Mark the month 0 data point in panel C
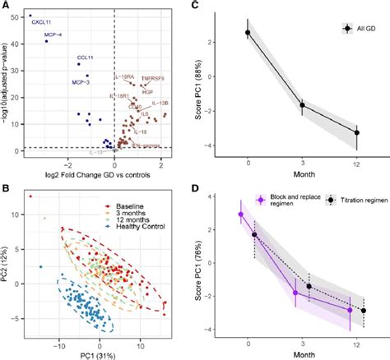point(248,33)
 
